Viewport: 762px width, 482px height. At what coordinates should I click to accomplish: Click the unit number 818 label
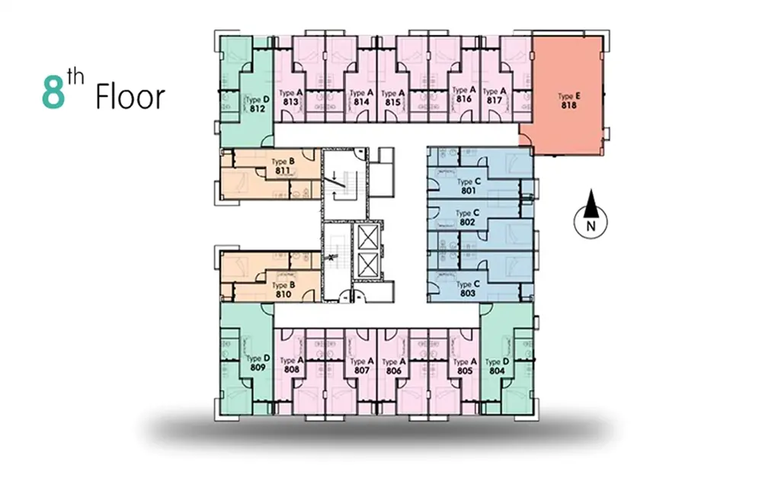pyautogui.click(x=568, y=104)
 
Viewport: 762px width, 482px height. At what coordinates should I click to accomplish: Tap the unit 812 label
pyautogui.click(x=257, y=108)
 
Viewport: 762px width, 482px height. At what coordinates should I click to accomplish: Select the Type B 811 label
pyautogui.click(x=283, y=165)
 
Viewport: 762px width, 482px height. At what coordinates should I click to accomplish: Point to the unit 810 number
pyautogui.click(x=283, y=294)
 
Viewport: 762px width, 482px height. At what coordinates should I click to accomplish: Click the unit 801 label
pyautogui.click(x=468, y=191)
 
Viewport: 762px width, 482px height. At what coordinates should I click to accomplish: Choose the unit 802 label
pyautogui.click(x=467, y=222)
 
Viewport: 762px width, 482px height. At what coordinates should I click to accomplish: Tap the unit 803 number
pyautogui.click(x=468, y=294)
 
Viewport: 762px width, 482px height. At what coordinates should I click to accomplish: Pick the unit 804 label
pyautogui.click(x=497, y=371)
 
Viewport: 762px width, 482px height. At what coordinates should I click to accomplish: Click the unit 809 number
pyautogui.click(x=258, y=367)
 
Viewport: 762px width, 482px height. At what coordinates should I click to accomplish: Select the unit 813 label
pyautogui.click(x=290, y=101)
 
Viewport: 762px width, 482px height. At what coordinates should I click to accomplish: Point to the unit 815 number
pyautogui.click(x=392, y=102)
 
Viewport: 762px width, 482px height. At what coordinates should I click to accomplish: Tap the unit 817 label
pyautogui.click(x=494, y=100)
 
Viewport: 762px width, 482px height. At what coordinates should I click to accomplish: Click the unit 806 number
pyautogui.click(x=393, y=371)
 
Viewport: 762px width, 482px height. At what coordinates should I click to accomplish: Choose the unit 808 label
pyautogui.click(x=292, y=370)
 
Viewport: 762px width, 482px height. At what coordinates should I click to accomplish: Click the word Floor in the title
pyautogui.click(x=130, y=97)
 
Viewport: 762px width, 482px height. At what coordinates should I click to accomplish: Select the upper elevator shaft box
pyautogui.click(x=368, y=237)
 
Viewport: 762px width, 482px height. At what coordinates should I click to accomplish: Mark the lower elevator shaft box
pyautogui.click(x=368, y=265)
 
